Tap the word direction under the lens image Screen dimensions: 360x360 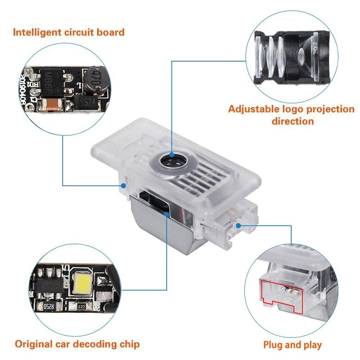point(293,121)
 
